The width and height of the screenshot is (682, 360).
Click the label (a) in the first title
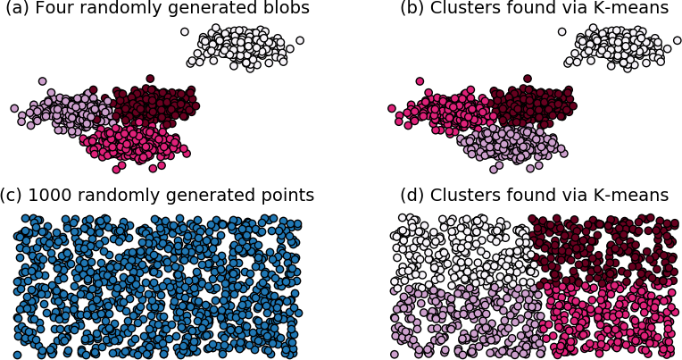point(17,8)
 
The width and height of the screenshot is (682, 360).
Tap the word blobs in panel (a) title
point(287,7)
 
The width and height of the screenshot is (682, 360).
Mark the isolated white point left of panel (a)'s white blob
point(185,31)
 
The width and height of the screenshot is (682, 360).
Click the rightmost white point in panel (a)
point(300,40)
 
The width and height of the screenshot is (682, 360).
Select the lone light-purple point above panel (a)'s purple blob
point(42,81)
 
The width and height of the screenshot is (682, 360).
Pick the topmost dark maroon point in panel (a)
point(150,79)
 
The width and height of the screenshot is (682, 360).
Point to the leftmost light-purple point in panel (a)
point(14,108)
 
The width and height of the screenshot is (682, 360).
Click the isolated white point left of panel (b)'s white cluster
point(562,31)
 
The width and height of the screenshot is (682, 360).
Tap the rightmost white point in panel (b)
point(678,40)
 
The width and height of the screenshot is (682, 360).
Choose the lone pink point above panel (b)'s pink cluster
point(420,81)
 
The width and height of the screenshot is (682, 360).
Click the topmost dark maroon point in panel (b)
point(528,79)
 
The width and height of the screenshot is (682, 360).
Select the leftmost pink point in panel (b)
point(392,108)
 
